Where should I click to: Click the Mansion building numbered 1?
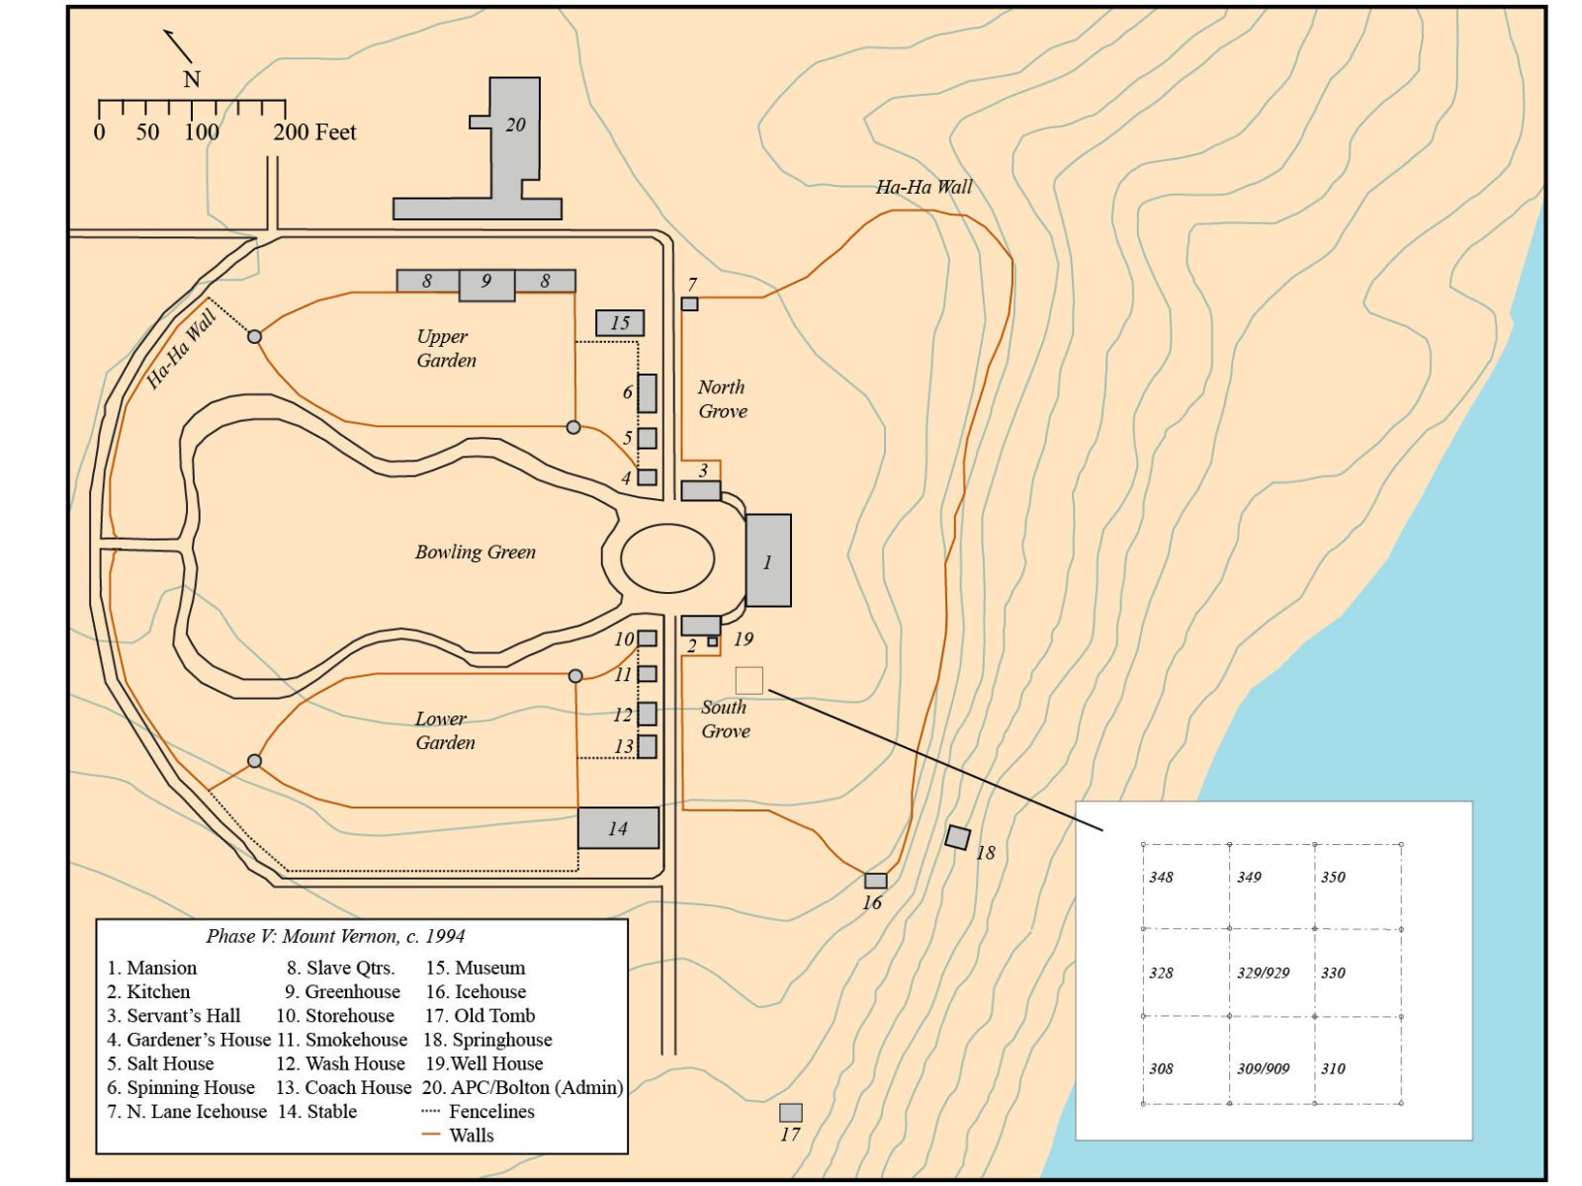767,559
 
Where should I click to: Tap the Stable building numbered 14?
618,827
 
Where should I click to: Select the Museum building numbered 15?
619,322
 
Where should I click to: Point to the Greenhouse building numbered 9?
486,285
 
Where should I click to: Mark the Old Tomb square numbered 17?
790,1112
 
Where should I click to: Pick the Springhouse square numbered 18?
957,837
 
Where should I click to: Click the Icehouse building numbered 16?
875,880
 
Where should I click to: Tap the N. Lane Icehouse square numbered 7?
689,303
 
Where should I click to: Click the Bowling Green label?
475,551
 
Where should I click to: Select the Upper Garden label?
446,348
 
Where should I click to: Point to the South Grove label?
725,719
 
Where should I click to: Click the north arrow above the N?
177,46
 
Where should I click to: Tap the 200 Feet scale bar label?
314,131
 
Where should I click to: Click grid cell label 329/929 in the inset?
1263,973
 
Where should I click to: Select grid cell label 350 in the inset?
1333,877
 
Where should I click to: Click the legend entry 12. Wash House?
340,1062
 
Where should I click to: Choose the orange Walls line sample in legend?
430,1135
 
